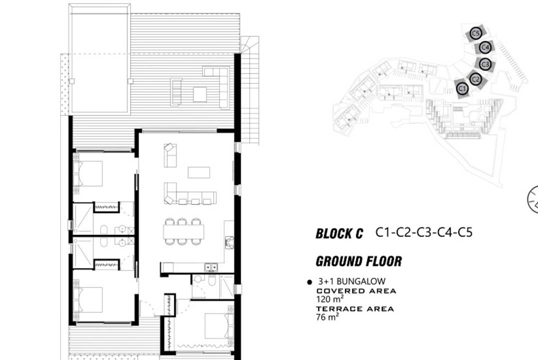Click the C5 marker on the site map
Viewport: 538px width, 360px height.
coord(475,33)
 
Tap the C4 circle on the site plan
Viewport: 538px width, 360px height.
coord(485,47)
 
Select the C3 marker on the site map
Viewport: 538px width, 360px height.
coord(485,64)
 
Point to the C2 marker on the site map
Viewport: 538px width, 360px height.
coord(475,79)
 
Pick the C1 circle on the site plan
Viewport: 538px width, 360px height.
coord(462,89)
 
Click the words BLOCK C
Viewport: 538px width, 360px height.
coord(339,234)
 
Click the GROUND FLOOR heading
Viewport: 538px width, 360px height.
coord(358,261)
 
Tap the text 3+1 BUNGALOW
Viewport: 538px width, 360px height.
coord(352,281)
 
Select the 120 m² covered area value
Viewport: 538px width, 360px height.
coord(330,299)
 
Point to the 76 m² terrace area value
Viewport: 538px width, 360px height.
coord(327,317)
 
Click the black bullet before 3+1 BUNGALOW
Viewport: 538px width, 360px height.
coord(309,282)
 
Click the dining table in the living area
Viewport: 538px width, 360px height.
coord(184,232)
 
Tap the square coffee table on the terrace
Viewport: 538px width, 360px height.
coord(200,94)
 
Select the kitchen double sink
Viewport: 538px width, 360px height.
coord(211,266)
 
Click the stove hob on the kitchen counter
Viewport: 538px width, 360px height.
coord(229,242)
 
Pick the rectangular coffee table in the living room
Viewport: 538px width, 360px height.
coord(199,172)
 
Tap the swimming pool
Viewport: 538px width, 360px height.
coord(100,58)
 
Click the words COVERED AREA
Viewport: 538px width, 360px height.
coord(356,291)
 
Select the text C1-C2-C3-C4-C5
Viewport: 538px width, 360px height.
coord(424,232)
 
